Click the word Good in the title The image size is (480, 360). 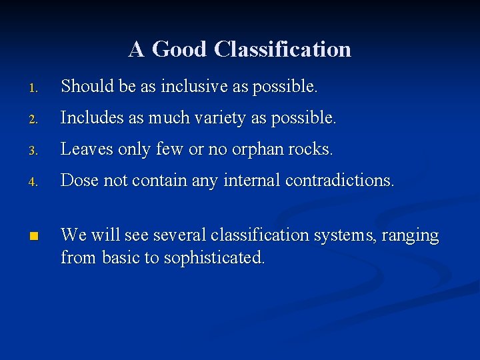(180, 49)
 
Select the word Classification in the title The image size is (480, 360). (283, 49)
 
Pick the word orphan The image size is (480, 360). (257, 149)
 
